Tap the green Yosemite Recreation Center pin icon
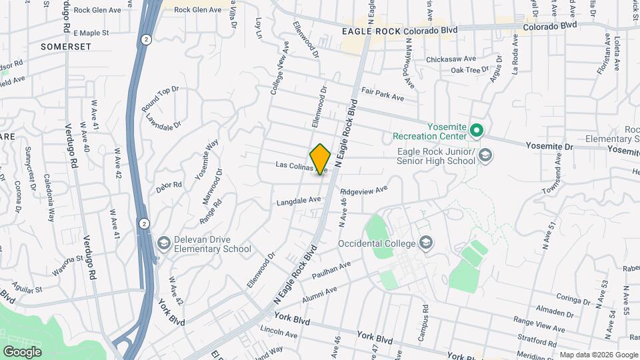click(477, 130)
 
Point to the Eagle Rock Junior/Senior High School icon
click(485, 155)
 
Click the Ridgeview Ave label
click(363, 190)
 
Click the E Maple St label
click(91, 32)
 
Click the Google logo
click(21, 351)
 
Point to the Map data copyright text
click(597, 354)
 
